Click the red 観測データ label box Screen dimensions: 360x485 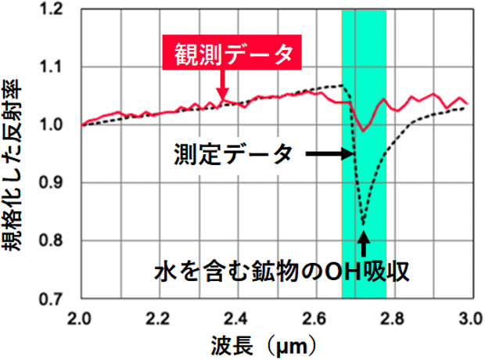tap(231, 53)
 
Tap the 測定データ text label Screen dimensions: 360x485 tap(233, 154)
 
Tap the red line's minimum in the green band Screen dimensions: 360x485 tap(363, 131)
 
